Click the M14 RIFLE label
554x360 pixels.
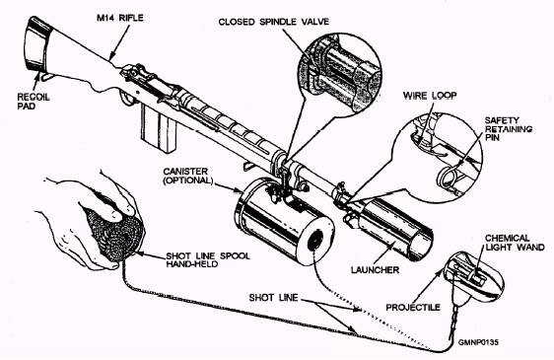pyautogui.click(x=120, y=18)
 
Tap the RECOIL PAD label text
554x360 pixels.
pyautogui.click(x=34, y=102)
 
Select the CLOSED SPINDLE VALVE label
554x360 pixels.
pyautogui.click(x=273, y=22)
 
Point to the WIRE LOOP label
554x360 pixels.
pyautogui.click(x=430, y=96)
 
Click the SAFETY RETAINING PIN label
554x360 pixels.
pyautogui.click(x=509, y=129)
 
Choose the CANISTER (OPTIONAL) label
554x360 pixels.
pyautogui.click(x=188, y=176)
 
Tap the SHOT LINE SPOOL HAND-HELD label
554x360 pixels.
pyautogui.click(x=208, y=259)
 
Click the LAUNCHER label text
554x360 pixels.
pyautogui.click(x=375, y=270)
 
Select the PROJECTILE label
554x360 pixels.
pyautogui.click(x=413, y=308)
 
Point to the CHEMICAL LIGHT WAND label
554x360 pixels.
pyautogui.click(x=515, y=243)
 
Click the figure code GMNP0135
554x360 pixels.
pyautogui.click(x=478, y=342)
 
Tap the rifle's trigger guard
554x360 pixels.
pyautogui.click(x=127, y=99)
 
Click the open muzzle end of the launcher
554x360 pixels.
pyautogui.click(x=420, y=244)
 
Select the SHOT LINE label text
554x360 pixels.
pyautogui.click(x=273, y=298)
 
